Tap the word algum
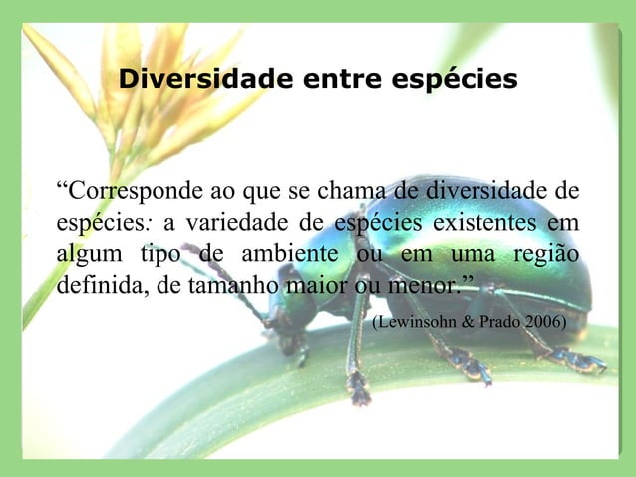tap(89, 252)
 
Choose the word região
tap(546, 252)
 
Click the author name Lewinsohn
tap(416, 324)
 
